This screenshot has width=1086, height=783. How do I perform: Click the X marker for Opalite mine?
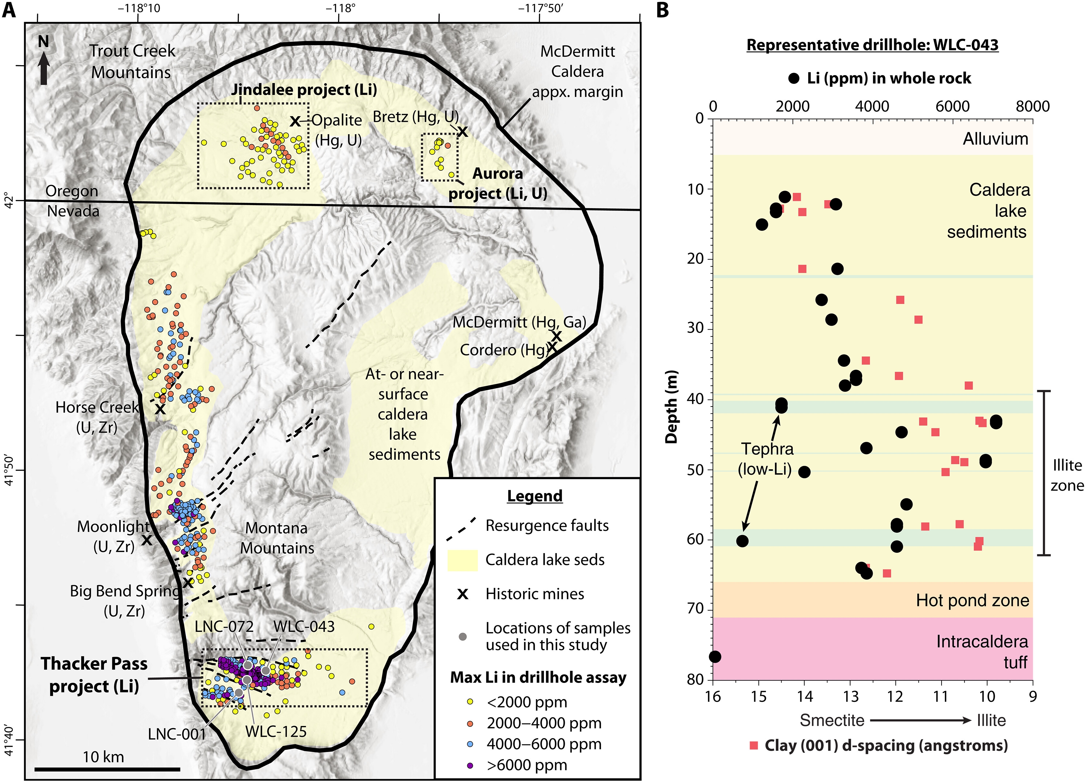295,122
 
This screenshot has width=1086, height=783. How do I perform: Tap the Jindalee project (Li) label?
304,90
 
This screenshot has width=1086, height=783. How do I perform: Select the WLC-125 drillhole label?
276,731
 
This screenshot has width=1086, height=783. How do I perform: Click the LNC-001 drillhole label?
177,734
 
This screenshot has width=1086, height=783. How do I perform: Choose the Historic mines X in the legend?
462,594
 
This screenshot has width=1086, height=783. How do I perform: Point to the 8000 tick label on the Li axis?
1033,106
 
